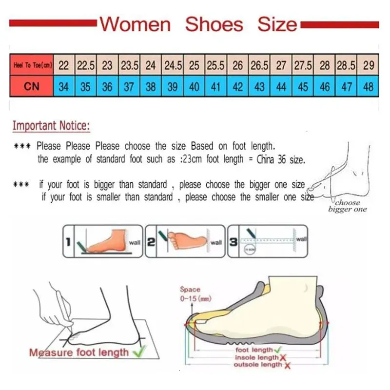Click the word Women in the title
pyautogui.click(x=135, y=24)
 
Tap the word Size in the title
pyautogui.click(x=277, y=24)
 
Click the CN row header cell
pyautogui.click(x=32, y=87)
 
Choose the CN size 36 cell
pyautogui.click(x=107, y=87)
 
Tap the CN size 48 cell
pyautogui.click(x=368, y=87)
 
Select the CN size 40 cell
pyautogui.click(x=194, y=87)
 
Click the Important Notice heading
pyautogui.click(x=51, y=126)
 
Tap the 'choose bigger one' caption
pyautogui.click(x=347, y=206)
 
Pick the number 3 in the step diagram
pyautogui.click(x=234, y=241)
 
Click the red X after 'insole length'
pyautogui.click(x=282, y=357)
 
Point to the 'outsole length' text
pyautogui.click(x=257, y=365)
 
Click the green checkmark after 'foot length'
pyautogui.click(x=278, y=350)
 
